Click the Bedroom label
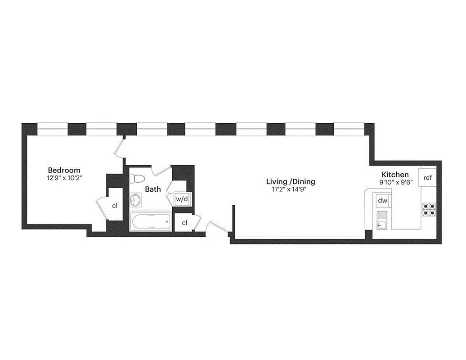pos(64,170)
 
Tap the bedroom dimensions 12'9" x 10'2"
pos(64,178)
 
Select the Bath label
pos(153,189)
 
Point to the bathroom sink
pos(136,200)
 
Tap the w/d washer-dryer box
pos(181,199)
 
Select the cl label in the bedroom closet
pos(115,206)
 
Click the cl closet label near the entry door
pos(184,223)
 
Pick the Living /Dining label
pos(291,182)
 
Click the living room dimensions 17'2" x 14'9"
pos(291,189)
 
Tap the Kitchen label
pos(395,175)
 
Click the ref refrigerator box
pos(427,178)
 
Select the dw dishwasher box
pos(383,200)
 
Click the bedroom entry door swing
pos(120,148)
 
